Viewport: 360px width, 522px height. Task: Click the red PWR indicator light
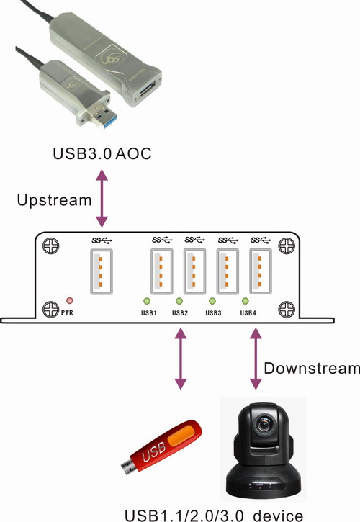70,301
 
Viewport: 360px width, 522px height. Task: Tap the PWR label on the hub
67,313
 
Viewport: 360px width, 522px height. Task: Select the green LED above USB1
147,301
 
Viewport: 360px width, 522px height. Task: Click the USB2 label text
180,313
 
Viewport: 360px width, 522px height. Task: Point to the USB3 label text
213,313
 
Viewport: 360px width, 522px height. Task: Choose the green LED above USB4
245,301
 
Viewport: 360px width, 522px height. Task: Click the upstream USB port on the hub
102,271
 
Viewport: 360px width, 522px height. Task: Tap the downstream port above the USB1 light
162,271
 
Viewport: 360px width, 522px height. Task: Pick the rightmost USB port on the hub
261,271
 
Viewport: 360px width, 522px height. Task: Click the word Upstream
54,200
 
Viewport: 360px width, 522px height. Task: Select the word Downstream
312,368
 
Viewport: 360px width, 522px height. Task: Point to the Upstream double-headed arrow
102,199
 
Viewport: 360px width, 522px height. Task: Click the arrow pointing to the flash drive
181,359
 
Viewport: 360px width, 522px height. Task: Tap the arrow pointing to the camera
256,359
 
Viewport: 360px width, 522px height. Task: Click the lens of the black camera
264,424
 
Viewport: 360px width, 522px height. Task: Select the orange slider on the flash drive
181,436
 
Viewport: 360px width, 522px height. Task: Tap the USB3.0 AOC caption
102,154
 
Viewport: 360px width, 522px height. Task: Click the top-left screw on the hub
51,246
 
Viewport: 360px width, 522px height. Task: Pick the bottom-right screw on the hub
287,310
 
